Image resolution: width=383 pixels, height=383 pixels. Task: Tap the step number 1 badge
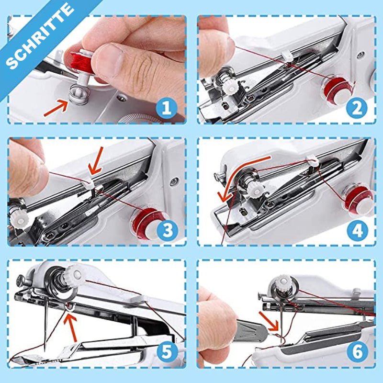pyautogui.click(x=167, y=108)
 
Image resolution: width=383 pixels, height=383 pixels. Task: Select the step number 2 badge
pyautogui.click(x=357, y=108)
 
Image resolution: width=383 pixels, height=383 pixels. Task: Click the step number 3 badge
pyautogui.click(x=167, y=230)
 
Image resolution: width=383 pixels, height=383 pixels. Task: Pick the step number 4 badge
pyautogui.click(x=357, y=230)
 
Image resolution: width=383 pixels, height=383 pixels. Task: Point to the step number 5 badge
pyautogui.click(x=167, y=352)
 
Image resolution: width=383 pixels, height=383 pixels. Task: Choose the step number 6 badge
pyautogui.click(x=357, y=352)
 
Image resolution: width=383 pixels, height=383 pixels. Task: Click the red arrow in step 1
pyautogui.click(x=56, y=108)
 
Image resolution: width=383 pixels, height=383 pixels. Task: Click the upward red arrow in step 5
pyautogui.click(x=71, y=327)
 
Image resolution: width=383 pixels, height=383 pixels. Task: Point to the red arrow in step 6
pyautogui.click(x=269, y=320)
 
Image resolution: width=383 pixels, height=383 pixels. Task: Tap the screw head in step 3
pyautogui.click(x=174, y=181)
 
